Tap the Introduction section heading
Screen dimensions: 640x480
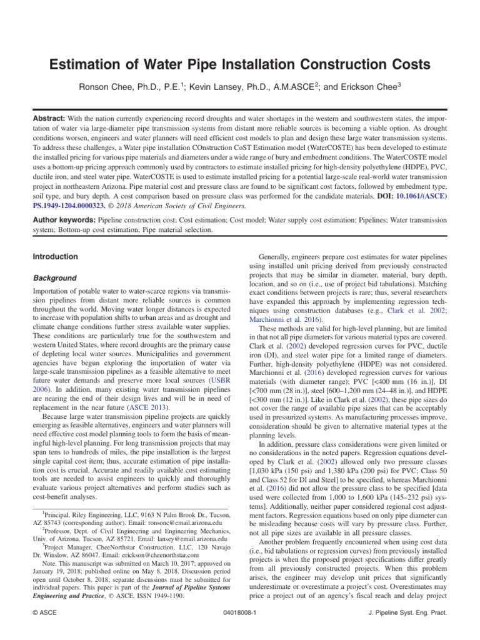tap(56, 256)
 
